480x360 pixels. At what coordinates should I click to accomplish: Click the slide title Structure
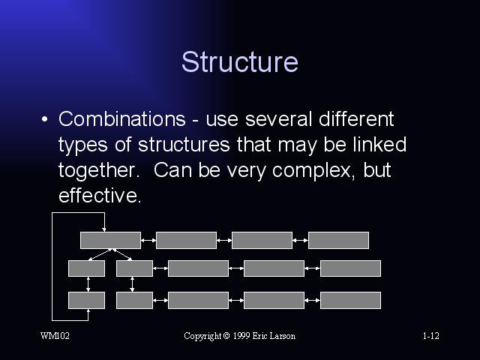coord(240,61)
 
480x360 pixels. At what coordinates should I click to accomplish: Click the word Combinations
coord(121,118)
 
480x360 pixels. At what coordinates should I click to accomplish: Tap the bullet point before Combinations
coord(45,119)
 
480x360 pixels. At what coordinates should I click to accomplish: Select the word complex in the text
coord(313,170)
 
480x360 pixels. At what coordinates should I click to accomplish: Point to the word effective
coord(100,195)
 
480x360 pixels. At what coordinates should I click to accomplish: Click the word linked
coord(379,144)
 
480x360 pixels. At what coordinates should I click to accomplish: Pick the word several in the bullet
coord(278,119)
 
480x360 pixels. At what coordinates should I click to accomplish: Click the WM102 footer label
coord(55,336)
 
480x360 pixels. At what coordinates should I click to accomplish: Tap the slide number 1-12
coord(431,336)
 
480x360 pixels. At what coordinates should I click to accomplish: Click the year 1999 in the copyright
coord(241,336)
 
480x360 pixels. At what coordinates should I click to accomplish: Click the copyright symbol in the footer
coord(226,336)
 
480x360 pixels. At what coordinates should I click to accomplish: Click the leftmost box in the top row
coord(110,240)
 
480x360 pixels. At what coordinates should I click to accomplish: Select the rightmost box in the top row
coord(338,240)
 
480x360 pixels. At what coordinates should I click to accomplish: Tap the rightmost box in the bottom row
coord(350,300)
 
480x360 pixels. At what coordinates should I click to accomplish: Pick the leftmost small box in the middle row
coord(87,268)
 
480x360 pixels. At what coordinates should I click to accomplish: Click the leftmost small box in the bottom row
coord(87,300)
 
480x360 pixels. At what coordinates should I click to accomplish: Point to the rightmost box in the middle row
coord(350,268)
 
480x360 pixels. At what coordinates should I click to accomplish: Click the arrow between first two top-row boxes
coord(148,240)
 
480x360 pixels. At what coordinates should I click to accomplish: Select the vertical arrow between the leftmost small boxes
coord(88,284)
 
